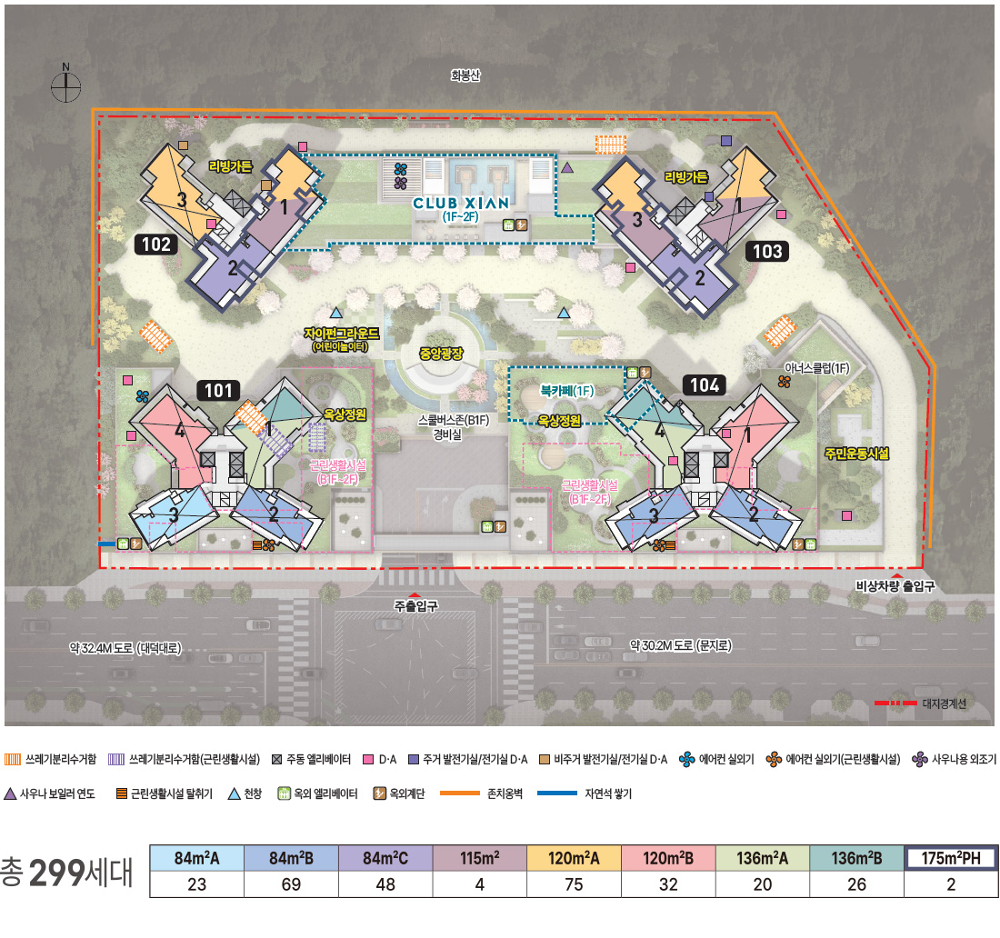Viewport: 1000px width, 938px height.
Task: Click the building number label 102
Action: pyautogui.click(x=156, y=244)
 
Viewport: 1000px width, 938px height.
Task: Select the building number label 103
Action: pyautogui.click(x=767, y=251)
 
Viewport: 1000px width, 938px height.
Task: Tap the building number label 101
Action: pyautogui.click(x=218, y=390)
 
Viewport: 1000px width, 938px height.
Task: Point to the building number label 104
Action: pyautogui.click(x=705, y=385)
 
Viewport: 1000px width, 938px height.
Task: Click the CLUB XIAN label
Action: pyautogui.click(x=461, y=204)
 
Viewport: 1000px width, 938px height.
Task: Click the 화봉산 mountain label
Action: pyautogui.click(x=465, y=75)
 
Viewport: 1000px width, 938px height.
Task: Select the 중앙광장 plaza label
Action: pyautogui.click(x=441, y=354)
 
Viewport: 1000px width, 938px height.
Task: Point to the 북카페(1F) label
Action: pyautogui.click(x=566, y=390)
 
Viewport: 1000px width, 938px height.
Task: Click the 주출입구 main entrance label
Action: pyautogui.click(x=415, y=605)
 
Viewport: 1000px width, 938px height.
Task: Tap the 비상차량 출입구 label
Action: pyautogui.click(x=895, y=586)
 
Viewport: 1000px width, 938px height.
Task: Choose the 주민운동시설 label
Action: pyautogui.click(x=856, y=454)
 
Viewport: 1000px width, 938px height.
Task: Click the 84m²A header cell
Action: pyautogui.click(x=196, y=858)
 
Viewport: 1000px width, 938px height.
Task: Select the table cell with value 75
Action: pyautogui.click(x=574, y=884)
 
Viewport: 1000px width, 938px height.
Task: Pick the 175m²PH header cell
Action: pyautogui.click(x=951, y=858)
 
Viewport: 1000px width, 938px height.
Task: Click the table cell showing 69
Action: pyautogui.click(x=291, y=884)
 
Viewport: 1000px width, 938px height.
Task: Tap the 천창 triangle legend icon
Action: pyautogui.click(x=234, y=793)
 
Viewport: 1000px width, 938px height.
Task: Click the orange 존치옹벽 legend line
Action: pyautogui.click(x=460, y=793)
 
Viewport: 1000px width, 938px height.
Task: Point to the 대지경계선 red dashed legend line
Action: pyautogui.click(x=895, y=703)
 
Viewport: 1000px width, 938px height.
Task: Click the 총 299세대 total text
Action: pyautogui.click(x=66, y=872)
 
